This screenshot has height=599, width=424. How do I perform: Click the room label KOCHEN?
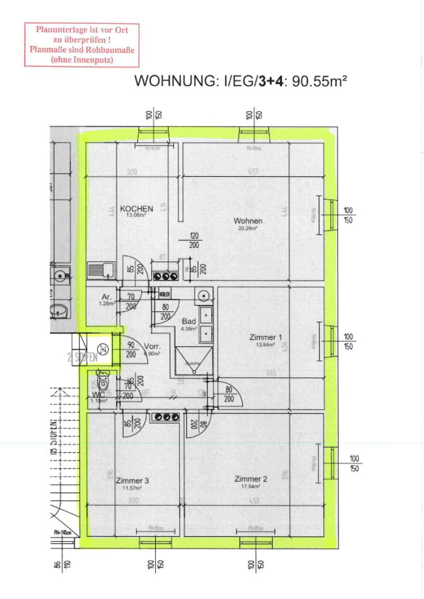pos(136,209)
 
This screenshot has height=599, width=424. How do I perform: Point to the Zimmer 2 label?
pos(251,479)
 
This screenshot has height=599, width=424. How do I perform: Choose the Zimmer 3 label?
pos(132,481)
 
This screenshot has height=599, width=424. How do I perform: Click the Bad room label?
pos(189,321)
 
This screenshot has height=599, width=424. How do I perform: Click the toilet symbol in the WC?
pos(104,382)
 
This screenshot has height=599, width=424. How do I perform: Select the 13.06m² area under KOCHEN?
pos(136,216)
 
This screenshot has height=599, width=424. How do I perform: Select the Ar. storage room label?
pos(107,297)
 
